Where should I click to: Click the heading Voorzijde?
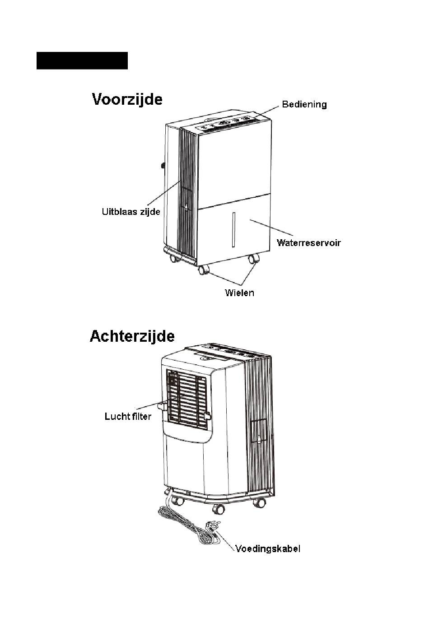click(127, 99)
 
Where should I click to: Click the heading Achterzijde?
click(132, 337)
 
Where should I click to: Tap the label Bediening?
click(304, 105)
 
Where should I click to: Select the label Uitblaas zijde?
click(131, 212)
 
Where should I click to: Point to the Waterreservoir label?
click(308, 243)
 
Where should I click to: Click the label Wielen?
click(239, 293)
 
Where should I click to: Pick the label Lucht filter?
click(128, 416)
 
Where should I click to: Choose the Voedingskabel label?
click(268, 549)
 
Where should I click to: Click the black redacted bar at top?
click(82, 61)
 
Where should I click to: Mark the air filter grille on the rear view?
click(186, 397)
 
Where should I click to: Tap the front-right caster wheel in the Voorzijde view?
click(254, 259)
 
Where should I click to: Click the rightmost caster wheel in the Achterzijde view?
click(259, 502)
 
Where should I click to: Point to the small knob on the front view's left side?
click(162, 165)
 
